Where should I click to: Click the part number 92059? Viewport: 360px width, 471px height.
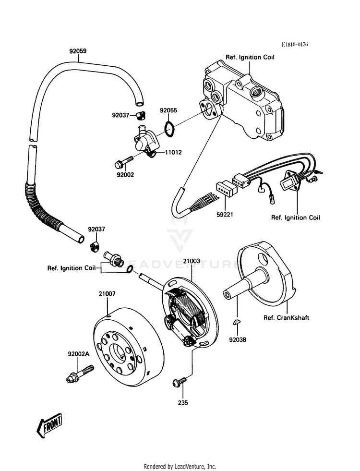(78, 51)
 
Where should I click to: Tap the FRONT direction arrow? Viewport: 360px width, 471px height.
(49, 427)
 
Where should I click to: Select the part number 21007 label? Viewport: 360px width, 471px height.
(107, 294)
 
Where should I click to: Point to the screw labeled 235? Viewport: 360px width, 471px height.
(179, 382)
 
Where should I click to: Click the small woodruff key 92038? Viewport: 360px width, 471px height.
(237, 323)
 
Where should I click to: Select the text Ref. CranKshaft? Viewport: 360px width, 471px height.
(286, 317)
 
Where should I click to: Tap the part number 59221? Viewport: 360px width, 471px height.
(225, 215)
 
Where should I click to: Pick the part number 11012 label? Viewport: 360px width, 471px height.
(173, 152)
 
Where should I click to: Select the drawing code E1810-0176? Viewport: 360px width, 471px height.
(295, 45)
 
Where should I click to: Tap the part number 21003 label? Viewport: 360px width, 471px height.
(192, 261)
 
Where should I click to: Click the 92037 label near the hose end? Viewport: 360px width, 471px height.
(96, 229)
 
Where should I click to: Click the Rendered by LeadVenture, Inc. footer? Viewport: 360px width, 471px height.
(180, 467)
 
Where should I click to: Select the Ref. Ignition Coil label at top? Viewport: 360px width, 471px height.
(250, 57)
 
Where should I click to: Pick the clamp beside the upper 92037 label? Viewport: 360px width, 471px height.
(141, 115)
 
